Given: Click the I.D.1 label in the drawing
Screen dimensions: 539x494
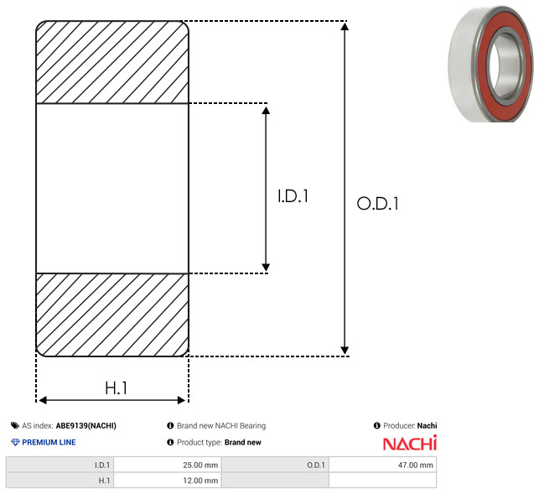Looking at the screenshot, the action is (x=293, y=196).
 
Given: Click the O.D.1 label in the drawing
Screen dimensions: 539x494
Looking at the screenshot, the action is (x=377, y=203).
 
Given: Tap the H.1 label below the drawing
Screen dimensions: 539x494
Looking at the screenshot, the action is (x=117, y=388).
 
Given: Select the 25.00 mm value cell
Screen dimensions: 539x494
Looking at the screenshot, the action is (x=168, y=465).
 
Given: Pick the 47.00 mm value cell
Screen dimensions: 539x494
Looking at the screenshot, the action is (x=382, y=465).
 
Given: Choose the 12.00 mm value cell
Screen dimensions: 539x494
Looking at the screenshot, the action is (x=168, y=481).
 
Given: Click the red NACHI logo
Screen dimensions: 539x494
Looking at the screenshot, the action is (x=410, y=443).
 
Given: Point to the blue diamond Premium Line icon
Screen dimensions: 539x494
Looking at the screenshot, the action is (x=15, y=442).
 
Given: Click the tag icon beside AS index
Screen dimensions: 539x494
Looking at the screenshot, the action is (x=15, y=425).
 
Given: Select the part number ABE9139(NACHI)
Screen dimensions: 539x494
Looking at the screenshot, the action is (x=86, y=425).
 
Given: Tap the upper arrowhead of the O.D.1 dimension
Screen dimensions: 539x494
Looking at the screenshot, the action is (x=345, y=26).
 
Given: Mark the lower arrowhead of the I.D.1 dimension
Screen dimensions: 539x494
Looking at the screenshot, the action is (x=266, y=268).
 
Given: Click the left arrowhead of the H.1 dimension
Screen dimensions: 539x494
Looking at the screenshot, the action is (x=43, y=400).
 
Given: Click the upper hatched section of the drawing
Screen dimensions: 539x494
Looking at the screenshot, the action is (x=112, y=62).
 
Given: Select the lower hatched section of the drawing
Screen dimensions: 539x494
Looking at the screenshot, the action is (x=112, y=315).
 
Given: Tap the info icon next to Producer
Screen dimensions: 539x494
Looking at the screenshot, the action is (x=376, y=425).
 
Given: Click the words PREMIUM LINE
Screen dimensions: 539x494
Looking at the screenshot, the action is (x=49, y=442).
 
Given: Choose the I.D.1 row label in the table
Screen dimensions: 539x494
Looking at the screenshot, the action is (x=102, y=465).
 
